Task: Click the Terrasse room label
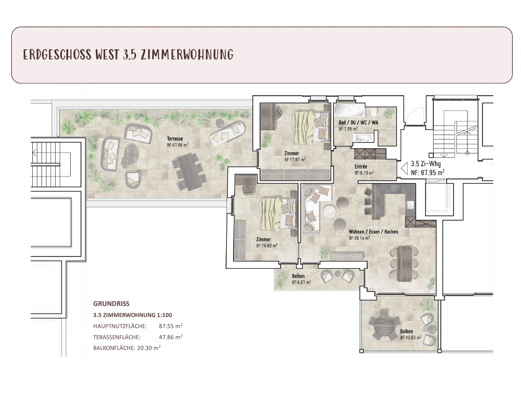click(x=175, y=138)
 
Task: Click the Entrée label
click(x=361, y=166)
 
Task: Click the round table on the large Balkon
click(x=385, y=328)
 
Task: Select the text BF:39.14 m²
click(x=359, y=238)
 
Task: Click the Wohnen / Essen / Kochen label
click(x=373, y=232)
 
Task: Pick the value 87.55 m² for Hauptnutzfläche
click(x=171, y=326)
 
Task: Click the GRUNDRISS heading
click(x=111, y=304)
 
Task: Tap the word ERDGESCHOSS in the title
click(x=57, y=54)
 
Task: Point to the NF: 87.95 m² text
click(x=428, y=172)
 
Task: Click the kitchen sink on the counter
click(x=410, y=205)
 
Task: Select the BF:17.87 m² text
click(x=295, y=159)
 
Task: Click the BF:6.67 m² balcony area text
click(x=301, y=282)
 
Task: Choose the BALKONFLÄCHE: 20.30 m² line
click(x=127, y=348)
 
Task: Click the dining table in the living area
click(x=404, y=264)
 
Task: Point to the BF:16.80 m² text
click(x=267, y=246)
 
